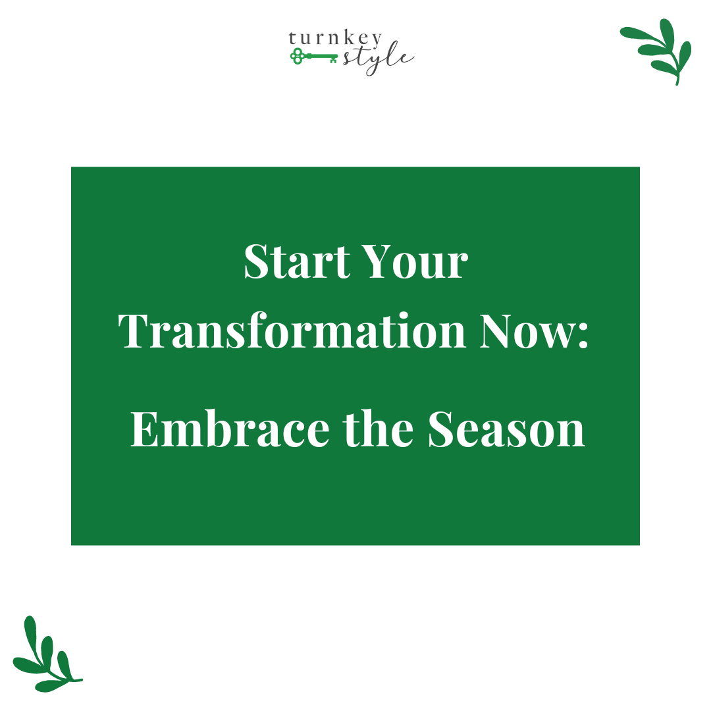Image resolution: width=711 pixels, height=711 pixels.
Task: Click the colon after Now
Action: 580,336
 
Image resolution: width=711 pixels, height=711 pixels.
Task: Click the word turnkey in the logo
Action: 334,40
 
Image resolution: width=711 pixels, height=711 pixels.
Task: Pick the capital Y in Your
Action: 381,262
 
